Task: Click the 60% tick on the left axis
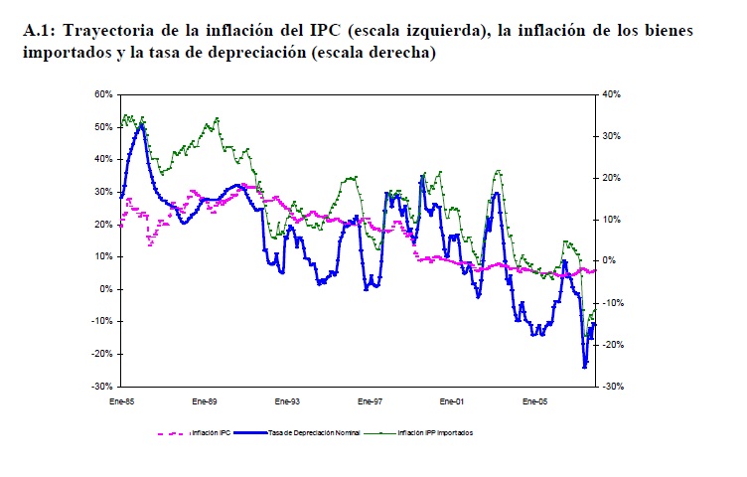click(x=102, y=94)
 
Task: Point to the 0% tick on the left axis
click(x=105, y=289)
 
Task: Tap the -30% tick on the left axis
click(x=102, y=386)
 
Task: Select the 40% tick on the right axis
click(x=612, y=94)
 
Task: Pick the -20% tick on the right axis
click(x=612, y=345)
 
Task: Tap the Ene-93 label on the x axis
click(x=287, y=401)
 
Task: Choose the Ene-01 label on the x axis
click(x=452, y=401)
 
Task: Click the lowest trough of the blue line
click(x=585, y=367)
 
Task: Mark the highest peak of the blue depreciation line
click(x=141, y=124)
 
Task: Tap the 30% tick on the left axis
click(x=102, y=192)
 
